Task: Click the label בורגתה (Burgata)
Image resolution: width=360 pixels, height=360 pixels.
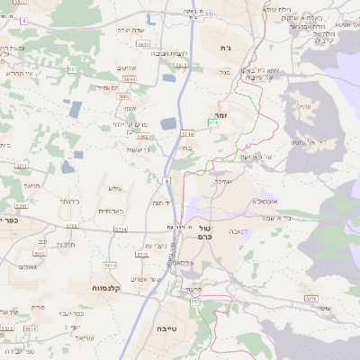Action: [71, 201]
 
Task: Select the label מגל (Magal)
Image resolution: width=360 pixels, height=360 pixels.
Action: [224, 71]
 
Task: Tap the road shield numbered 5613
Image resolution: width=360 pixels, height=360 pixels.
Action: [181, 66]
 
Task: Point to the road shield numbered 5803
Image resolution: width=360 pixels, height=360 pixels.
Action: [125, 95]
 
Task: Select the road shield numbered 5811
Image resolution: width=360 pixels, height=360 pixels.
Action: [143, 43]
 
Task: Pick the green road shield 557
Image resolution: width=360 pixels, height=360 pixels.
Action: [195, 302]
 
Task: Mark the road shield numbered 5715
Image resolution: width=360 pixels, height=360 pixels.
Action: [141, 255]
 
